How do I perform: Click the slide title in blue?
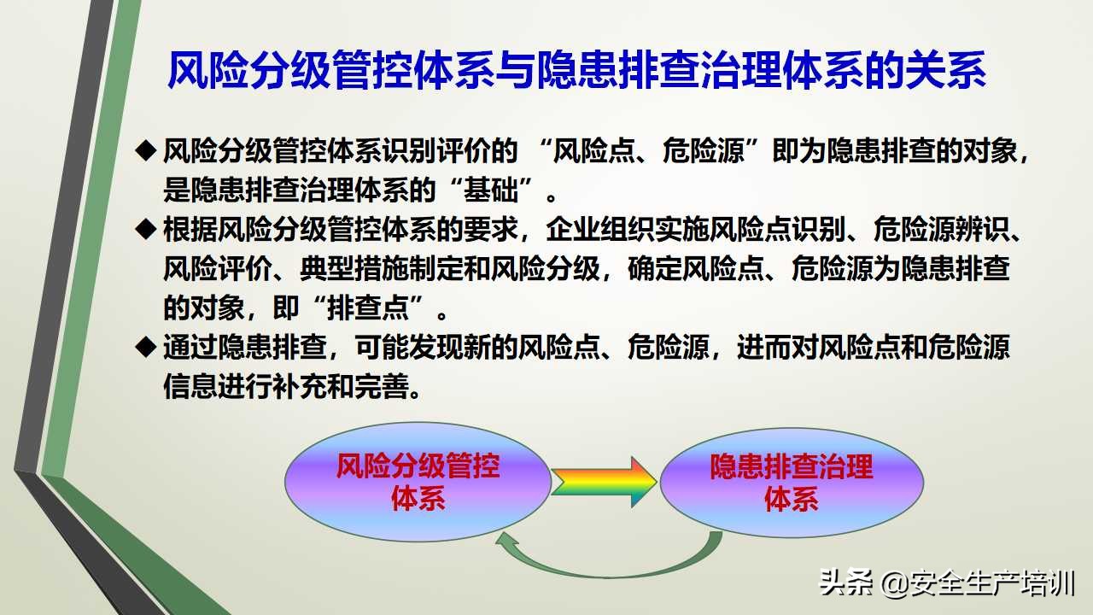[576, 71]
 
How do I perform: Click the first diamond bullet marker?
[146, 151]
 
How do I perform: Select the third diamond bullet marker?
[146, 347]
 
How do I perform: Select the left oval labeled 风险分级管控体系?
[418, 481]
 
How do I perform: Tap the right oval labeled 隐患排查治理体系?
[792, 481]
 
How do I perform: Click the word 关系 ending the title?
[951, 71]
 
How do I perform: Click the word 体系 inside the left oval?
[418, 498]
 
